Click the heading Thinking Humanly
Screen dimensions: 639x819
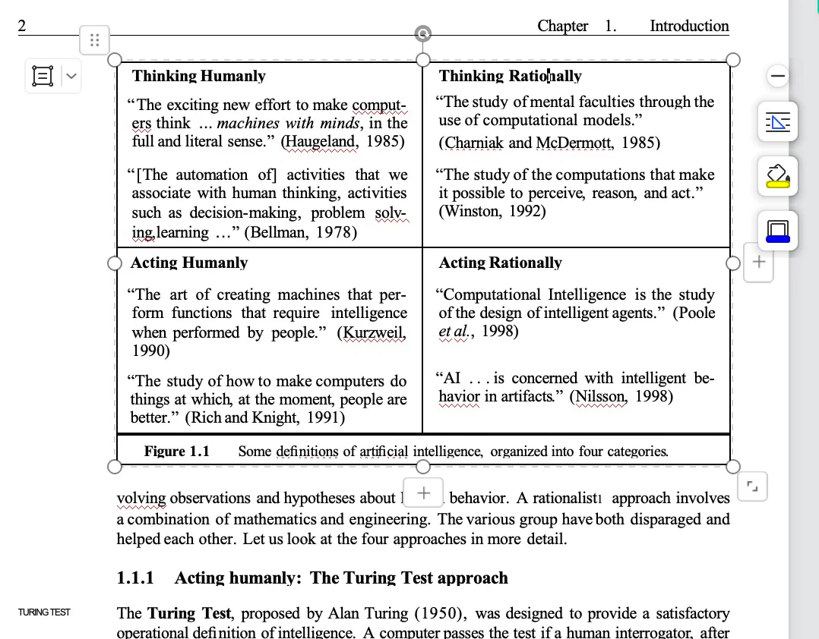(x=198, y=76)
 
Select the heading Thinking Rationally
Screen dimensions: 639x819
(x=510, y=76)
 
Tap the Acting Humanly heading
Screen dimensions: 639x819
(x=189, y=263)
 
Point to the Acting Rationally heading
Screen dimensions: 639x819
(x=500, y=263)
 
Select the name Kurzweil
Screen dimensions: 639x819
(x=374, y=332)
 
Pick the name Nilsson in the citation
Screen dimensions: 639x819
(x=601, y=396)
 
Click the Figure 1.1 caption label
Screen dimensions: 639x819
(x=176, y=452)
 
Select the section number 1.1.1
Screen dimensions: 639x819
(x=135, y=578)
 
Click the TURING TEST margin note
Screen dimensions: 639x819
(x=44, y=612)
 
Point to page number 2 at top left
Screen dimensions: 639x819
(x=22, y=26)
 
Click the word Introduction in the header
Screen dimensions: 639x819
(x=689, y=26)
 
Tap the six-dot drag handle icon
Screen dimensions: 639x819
(x=94, y=39)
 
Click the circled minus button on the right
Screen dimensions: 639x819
(x=778, y=76)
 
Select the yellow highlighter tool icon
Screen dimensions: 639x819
(x=777, y=175)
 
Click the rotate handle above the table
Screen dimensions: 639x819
(x=423, y=33)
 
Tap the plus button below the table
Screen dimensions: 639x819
(x=423, y=493)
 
